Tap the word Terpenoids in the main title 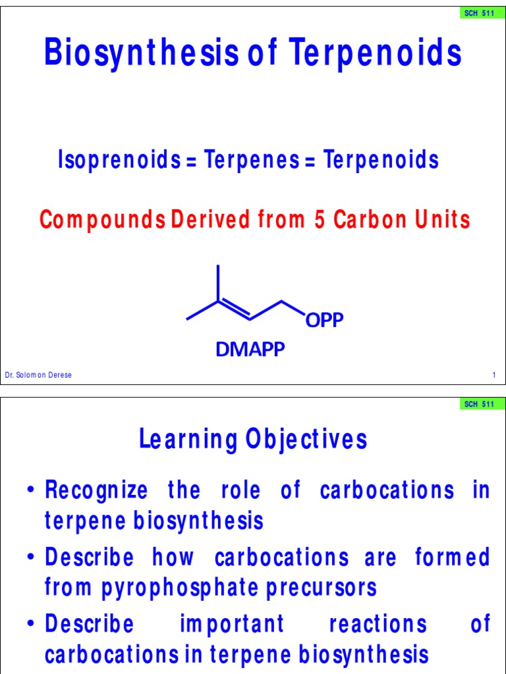(375, 51)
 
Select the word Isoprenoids (119, 159)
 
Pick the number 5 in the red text (320, 219)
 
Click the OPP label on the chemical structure (324, 320)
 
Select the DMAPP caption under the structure (250, 349)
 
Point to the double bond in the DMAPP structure (235, 310)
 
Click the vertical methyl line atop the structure (218, 282)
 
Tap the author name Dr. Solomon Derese (38, 375)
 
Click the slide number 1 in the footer (494, 375)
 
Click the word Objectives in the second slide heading (306, 439)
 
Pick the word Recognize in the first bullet (96, 490)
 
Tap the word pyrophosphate (180, 588)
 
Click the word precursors (322, 588)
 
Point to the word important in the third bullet (232, 624)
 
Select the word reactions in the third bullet (378, 624)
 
